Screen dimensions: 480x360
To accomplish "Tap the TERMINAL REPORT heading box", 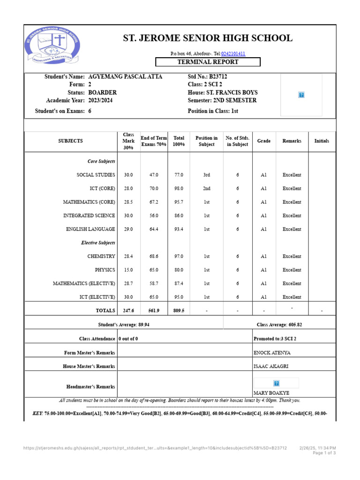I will coord(207,62).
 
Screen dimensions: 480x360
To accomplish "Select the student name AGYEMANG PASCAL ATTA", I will coord(125,76).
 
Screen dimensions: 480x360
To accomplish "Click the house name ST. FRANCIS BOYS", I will coord(232,93).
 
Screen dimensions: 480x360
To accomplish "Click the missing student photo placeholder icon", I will coord(301,95).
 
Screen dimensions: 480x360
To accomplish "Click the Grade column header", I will coord(264,141).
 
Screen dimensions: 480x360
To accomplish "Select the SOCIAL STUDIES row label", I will coord(96,175).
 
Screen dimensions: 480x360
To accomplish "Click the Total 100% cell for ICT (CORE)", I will coord(179,188).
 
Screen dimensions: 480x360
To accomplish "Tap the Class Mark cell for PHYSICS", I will coord(128,270).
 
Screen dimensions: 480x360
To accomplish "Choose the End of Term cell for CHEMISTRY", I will coord(154,256).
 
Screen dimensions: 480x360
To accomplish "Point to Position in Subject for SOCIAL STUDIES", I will coord(206,175).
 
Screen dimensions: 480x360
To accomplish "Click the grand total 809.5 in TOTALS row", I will coord(179,310).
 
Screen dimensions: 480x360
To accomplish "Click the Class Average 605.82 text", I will coord(279,324).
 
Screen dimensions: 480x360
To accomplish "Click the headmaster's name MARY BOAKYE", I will coord(271,393).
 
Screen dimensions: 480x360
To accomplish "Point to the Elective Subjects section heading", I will coord(97,243).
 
